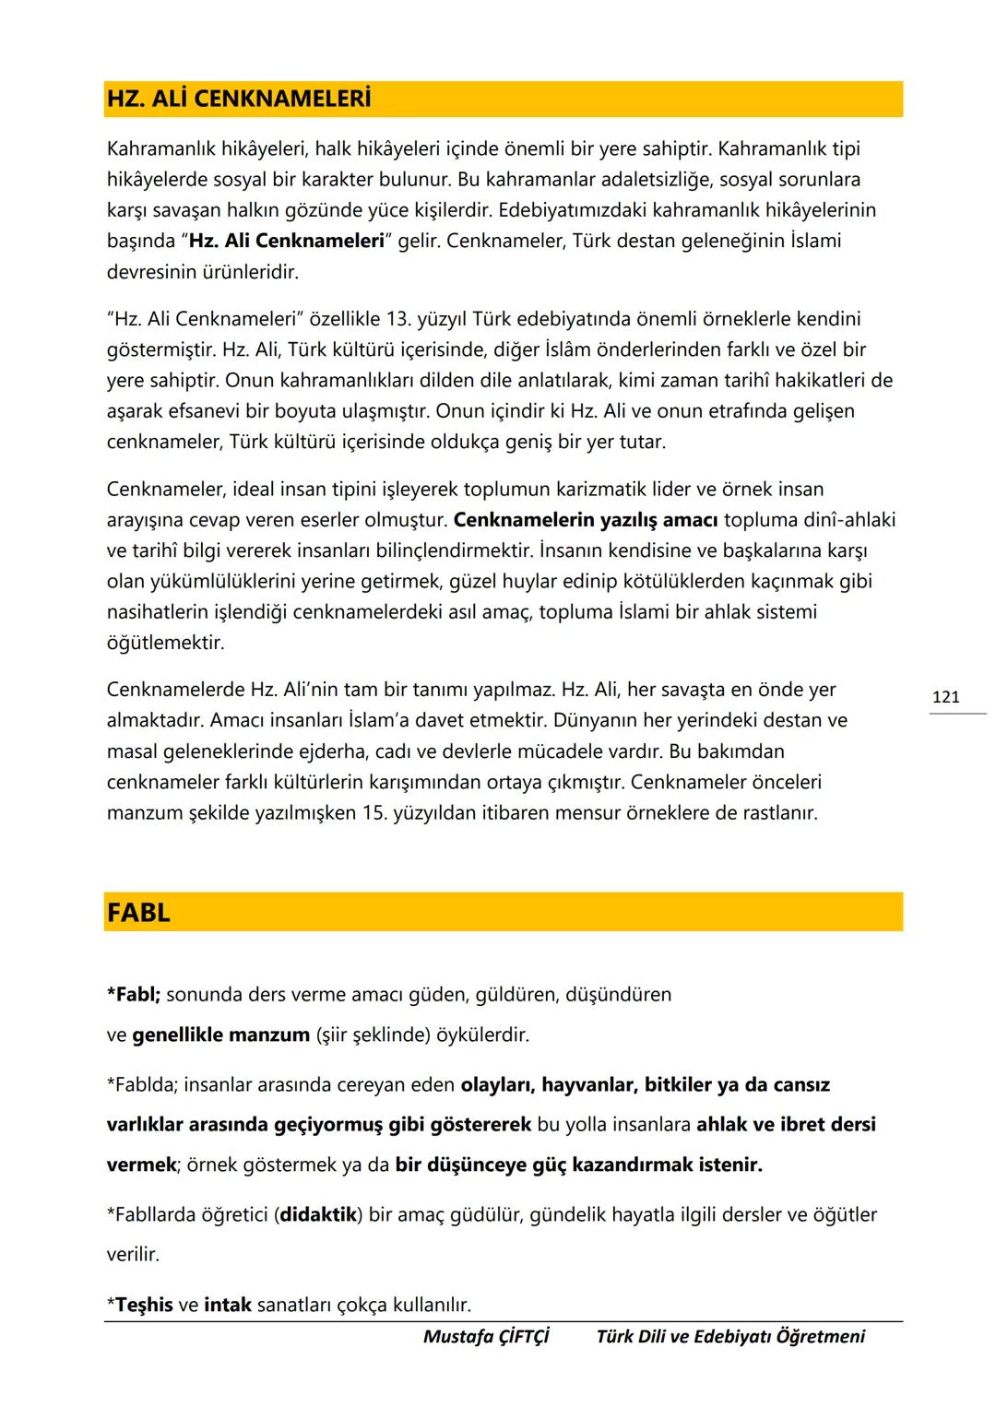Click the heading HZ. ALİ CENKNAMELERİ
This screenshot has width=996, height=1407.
(239, 100)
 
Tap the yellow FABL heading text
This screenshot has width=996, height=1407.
(138, 913)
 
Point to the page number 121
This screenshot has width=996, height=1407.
(946, 697)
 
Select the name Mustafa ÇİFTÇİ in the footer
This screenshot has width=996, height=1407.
(486, 1337)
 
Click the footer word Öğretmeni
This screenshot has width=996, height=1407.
(821, 1337)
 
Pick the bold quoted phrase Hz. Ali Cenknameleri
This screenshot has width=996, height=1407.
(286, 242)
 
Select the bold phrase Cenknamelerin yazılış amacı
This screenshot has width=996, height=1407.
(586, 520)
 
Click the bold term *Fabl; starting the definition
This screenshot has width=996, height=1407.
(134, 995)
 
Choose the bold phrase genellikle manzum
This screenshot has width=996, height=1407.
(220, 1035)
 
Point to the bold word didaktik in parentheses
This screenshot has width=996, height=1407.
(318, 1215)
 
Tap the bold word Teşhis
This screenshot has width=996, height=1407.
(144, 1306)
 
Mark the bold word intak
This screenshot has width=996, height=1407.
(228, 1306)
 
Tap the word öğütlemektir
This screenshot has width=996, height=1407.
(166, 643)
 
